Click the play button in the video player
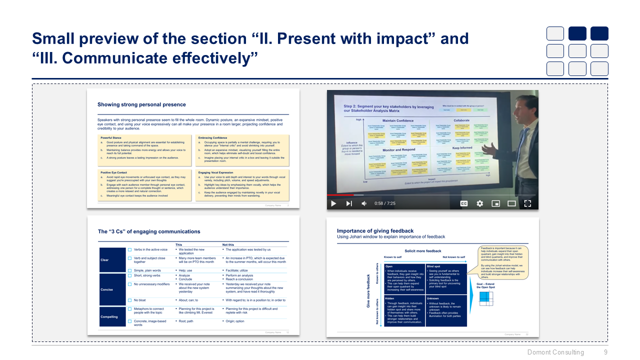333,203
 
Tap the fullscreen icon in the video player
527,203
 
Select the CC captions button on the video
463,203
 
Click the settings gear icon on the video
479,203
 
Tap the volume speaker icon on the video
364,203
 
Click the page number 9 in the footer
605,352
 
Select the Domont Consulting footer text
555,352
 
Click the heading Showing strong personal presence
141,104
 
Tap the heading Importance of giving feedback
375,231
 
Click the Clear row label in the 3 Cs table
105,260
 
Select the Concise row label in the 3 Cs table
106,289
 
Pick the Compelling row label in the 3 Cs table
109,316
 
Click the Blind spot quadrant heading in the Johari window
433,266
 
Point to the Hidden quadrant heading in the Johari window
389,298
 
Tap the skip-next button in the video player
349,203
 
